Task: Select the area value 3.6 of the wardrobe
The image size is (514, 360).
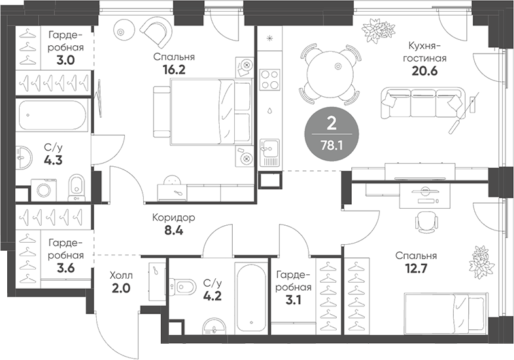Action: pos(65,268)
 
